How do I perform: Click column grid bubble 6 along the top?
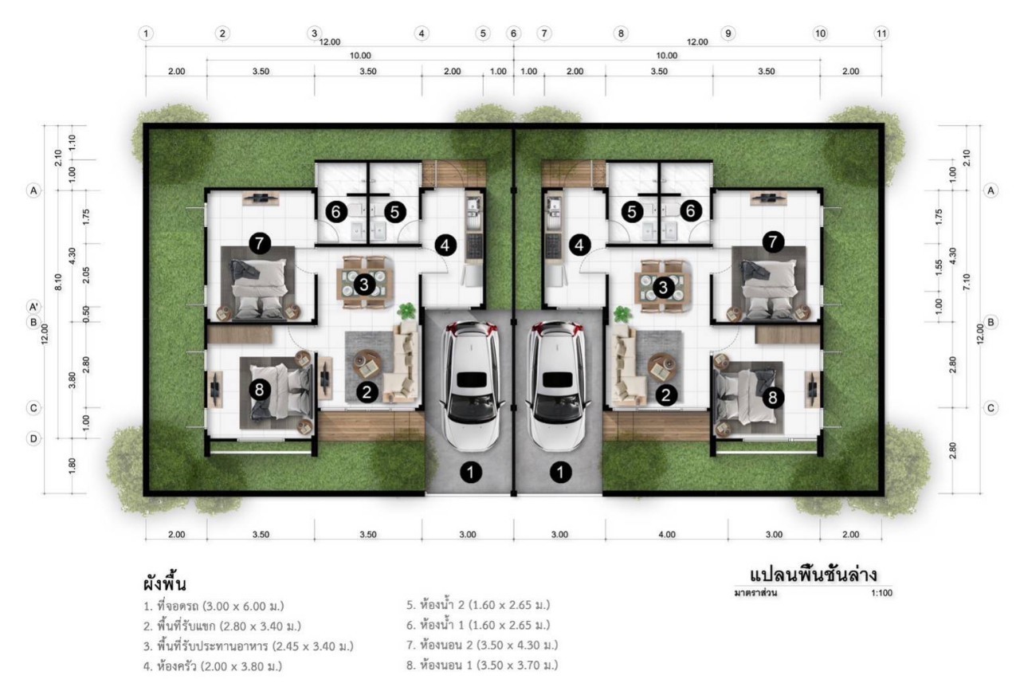click(514, 33)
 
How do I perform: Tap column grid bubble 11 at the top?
click(881, 33)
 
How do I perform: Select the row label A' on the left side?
click(33, 307)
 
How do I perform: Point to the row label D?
click(33, 438)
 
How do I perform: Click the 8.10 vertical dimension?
click(58, 282)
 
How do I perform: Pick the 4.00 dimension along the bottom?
click(667, 534)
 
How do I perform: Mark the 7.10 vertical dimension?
click(967, 282)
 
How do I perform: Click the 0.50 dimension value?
click(86, 314)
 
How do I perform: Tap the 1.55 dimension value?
click(939, 268)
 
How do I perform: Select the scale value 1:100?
click(881, 593)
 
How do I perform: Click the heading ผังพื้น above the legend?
click(164, 584)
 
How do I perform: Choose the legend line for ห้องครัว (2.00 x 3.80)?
click(213, 666)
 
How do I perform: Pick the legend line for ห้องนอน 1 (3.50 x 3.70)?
click(482, 665)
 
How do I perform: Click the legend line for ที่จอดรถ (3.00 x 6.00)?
click(214, 607)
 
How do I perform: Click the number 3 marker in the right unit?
click(663, 288)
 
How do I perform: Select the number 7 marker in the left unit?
click(260, 243)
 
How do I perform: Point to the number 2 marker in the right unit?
click(665, 395)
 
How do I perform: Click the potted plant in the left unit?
click(406, 312)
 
